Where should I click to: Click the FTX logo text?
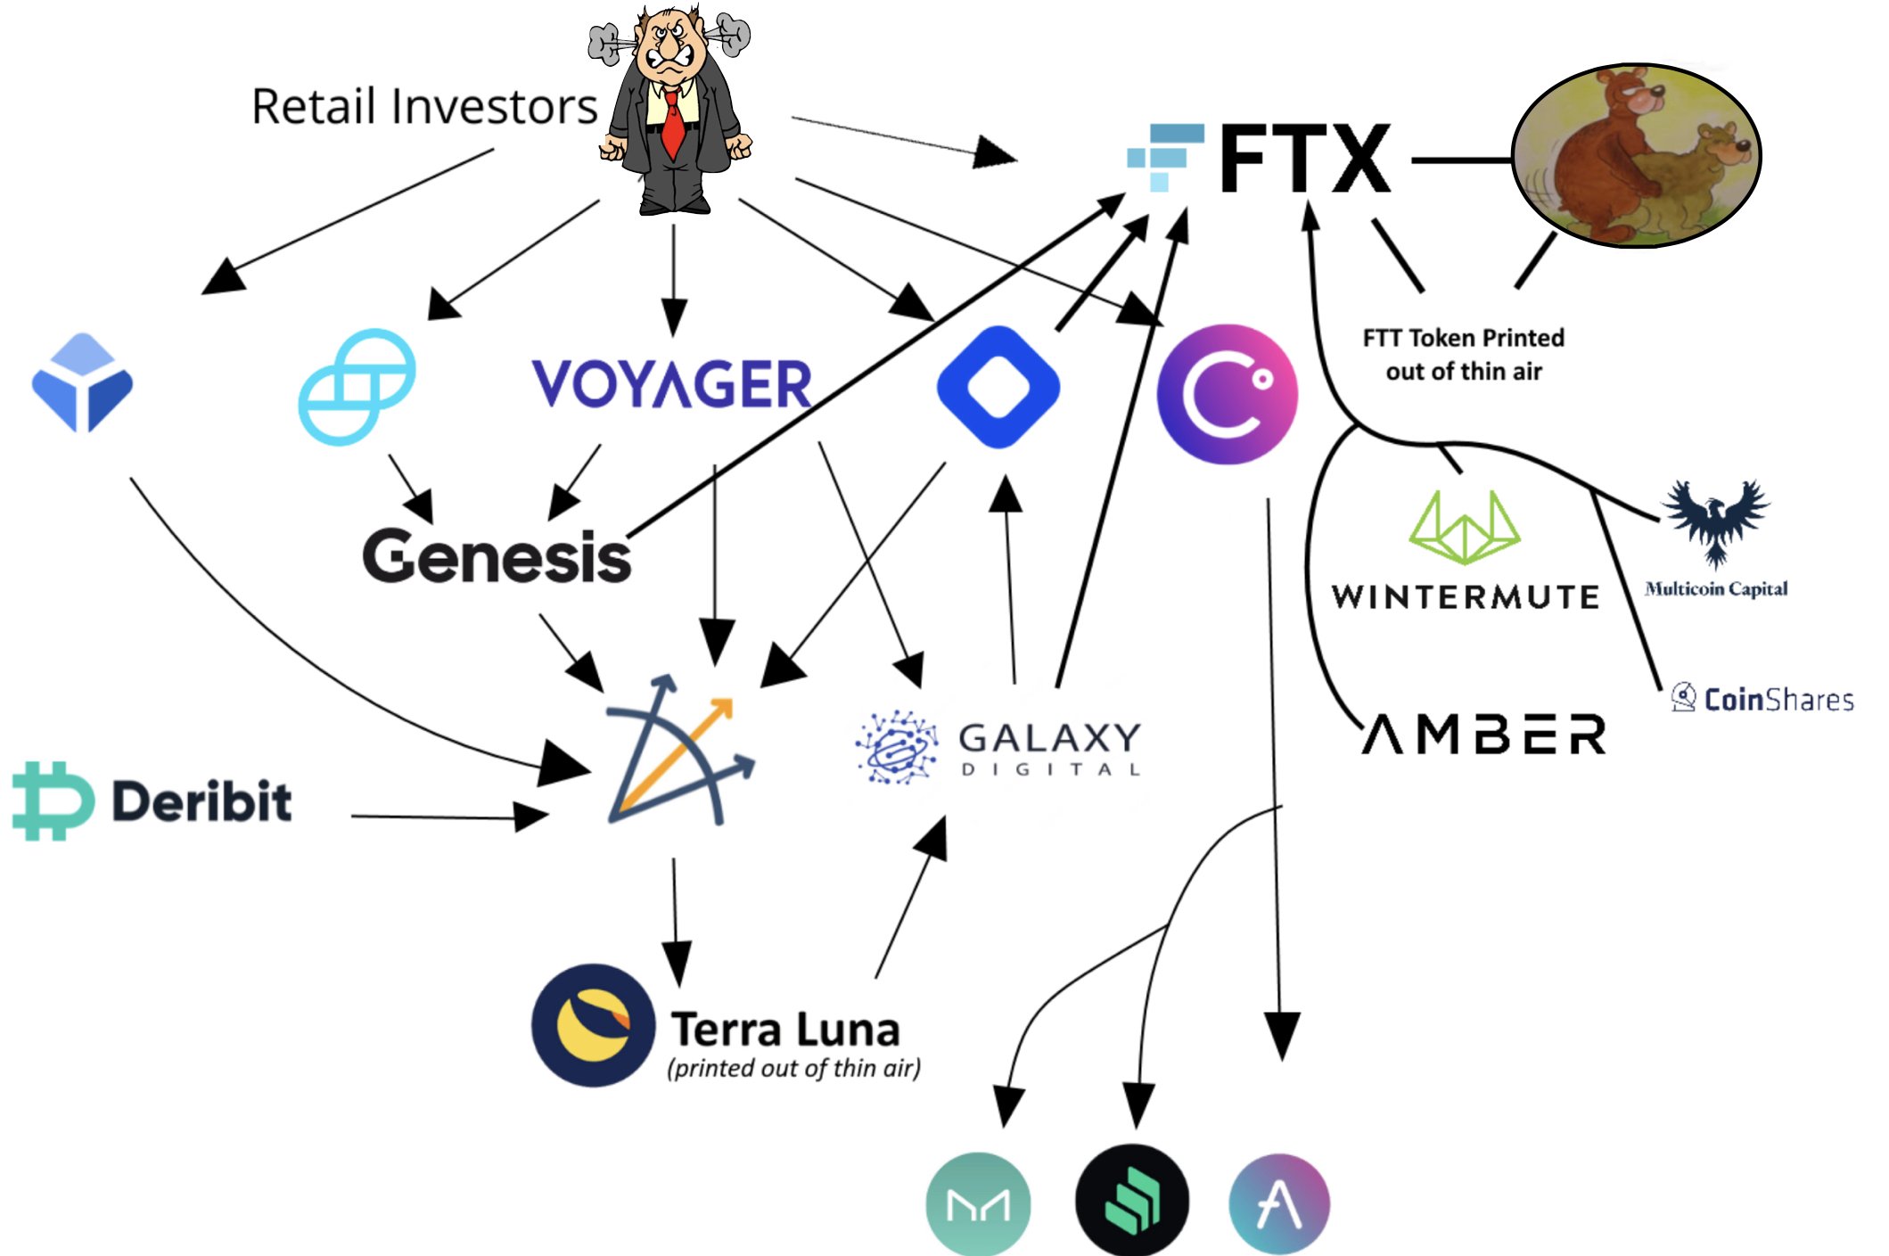pyautogui.click(x=1304, y=159)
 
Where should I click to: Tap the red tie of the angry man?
pyautogui.click(x=673, y=125)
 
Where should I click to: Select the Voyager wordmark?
pyautogui.click(x=671, y=384)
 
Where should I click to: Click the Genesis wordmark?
pyautogui.click(x=497, y=556)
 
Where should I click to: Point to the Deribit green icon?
pyautogui.click(x=52, y=800)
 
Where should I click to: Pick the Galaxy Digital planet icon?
pyautogui.click(x=896, y=747)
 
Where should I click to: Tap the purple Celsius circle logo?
pyautogui.click(x=1227, y=393)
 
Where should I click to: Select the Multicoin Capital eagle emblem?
pyautogui.click(x=1716, y=522)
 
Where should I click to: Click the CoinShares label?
pyautogui.click(x=1762, y=699)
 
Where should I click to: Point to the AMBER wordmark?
pyautogui.click(x=1483, y=734)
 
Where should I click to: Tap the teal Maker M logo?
pyautogui.click(x=979, y=1204)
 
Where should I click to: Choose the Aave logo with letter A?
pyautogui.click(x=1279, y=1204)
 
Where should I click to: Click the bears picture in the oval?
pyautogui.click(x=1637, y=155)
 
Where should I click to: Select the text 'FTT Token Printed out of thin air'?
pyautogui.click(x=1464, y=355)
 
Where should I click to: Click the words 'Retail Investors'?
pyautogui.click(x=424, y=107)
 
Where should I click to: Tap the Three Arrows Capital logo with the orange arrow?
pyautogui.click(x=680, y=751)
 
